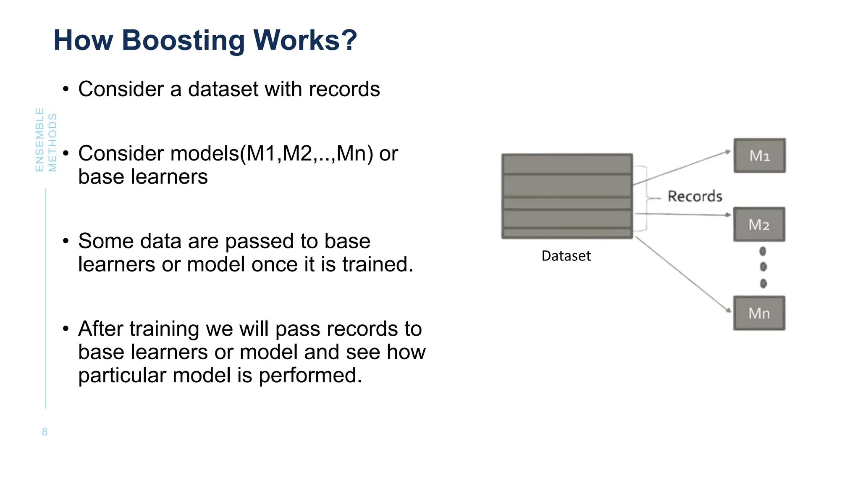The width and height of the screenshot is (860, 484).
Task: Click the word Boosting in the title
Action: (183, 41)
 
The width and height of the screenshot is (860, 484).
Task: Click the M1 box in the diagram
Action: (760, 156)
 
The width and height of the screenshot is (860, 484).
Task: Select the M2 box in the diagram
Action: (759, 225)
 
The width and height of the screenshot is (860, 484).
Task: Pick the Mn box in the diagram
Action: (759, 313)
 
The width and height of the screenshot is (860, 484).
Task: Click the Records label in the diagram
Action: (695, 196)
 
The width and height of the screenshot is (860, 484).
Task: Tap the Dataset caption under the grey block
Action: (566, 256)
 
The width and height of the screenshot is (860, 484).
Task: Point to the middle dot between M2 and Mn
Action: (763, 267)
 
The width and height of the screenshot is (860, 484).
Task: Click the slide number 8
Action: (45, 432)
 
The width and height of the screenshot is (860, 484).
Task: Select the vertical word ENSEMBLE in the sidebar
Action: (39, 139)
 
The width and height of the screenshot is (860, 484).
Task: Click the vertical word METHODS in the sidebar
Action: (52, 142)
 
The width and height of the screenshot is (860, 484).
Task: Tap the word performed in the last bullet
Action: (310, 375)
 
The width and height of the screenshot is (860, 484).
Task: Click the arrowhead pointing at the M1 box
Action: (729, 152)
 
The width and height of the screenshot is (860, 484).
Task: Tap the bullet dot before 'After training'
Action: (66, 329)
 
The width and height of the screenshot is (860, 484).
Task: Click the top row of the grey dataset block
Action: (567, 164)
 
